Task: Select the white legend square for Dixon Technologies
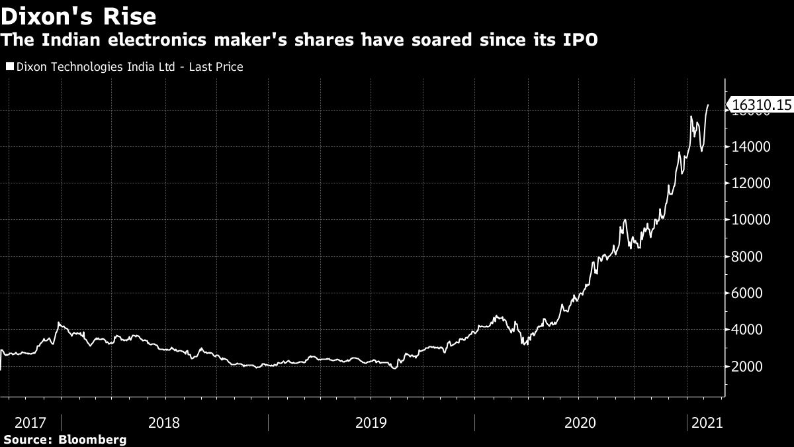(x=9, y=67)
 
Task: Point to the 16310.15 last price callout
(x=760, y=105)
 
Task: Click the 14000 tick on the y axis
(x=751, y=147)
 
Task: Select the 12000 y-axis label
(x=751, y=183)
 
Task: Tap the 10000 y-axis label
(x=751, y=220)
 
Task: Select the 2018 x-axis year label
(x=165, y=422)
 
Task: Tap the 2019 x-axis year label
(x=371, y=422)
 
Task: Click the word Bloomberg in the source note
(x=93, y=440)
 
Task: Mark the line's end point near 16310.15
(x=709, y=105)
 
